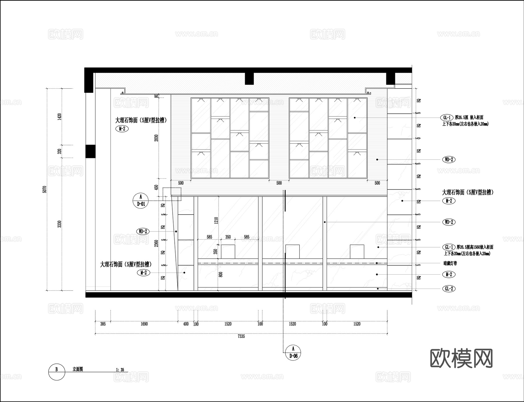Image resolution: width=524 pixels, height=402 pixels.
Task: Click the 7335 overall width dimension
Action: pos(241,336)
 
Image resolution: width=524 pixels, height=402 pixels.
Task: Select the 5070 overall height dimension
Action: pos(45,189)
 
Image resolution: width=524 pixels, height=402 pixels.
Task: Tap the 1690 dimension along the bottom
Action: pos(144,324)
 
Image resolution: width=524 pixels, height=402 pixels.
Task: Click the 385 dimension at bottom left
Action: pos(103,324)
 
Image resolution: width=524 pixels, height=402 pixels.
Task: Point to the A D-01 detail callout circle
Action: pos(141,201)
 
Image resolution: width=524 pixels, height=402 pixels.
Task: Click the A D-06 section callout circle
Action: pos(293,352)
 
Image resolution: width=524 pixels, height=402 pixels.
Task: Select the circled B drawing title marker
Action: pos(56,372)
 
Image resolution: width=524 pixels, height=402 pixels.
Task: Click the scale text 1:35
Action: pos(120,370)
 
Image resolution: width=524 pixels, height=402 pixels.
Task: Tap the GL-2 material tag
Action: pos(449,289)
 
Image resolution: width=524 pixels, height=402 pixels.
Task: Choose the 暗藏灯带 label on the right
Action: pos(450,263)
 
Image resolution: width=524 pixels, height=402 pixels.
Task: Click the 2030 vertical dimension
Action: pos(156,138)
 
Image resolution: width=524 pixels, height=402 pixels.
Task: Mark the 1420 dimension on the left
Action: pos(60,117)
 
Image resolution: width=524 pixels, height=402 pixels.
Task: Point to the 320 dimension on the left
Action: pos(60,151)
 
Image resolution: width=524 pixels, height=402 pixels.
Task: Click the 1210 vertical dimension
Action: pos(216,220)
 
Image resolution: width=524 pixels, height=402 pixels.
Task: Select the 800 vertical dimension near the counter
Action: pos(221,274)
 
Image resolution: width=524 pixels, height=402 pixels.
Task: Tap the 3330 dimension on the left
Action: pos(60,224)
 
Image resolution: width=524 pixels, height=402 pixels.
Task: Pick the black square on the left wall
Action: pos(90,151)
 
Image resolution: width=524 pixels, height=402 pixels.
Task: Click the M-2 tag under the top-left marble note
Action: pos(122,129)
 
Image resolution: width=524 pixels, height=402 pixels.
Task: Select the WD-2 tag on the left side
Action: pos(143,231)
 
